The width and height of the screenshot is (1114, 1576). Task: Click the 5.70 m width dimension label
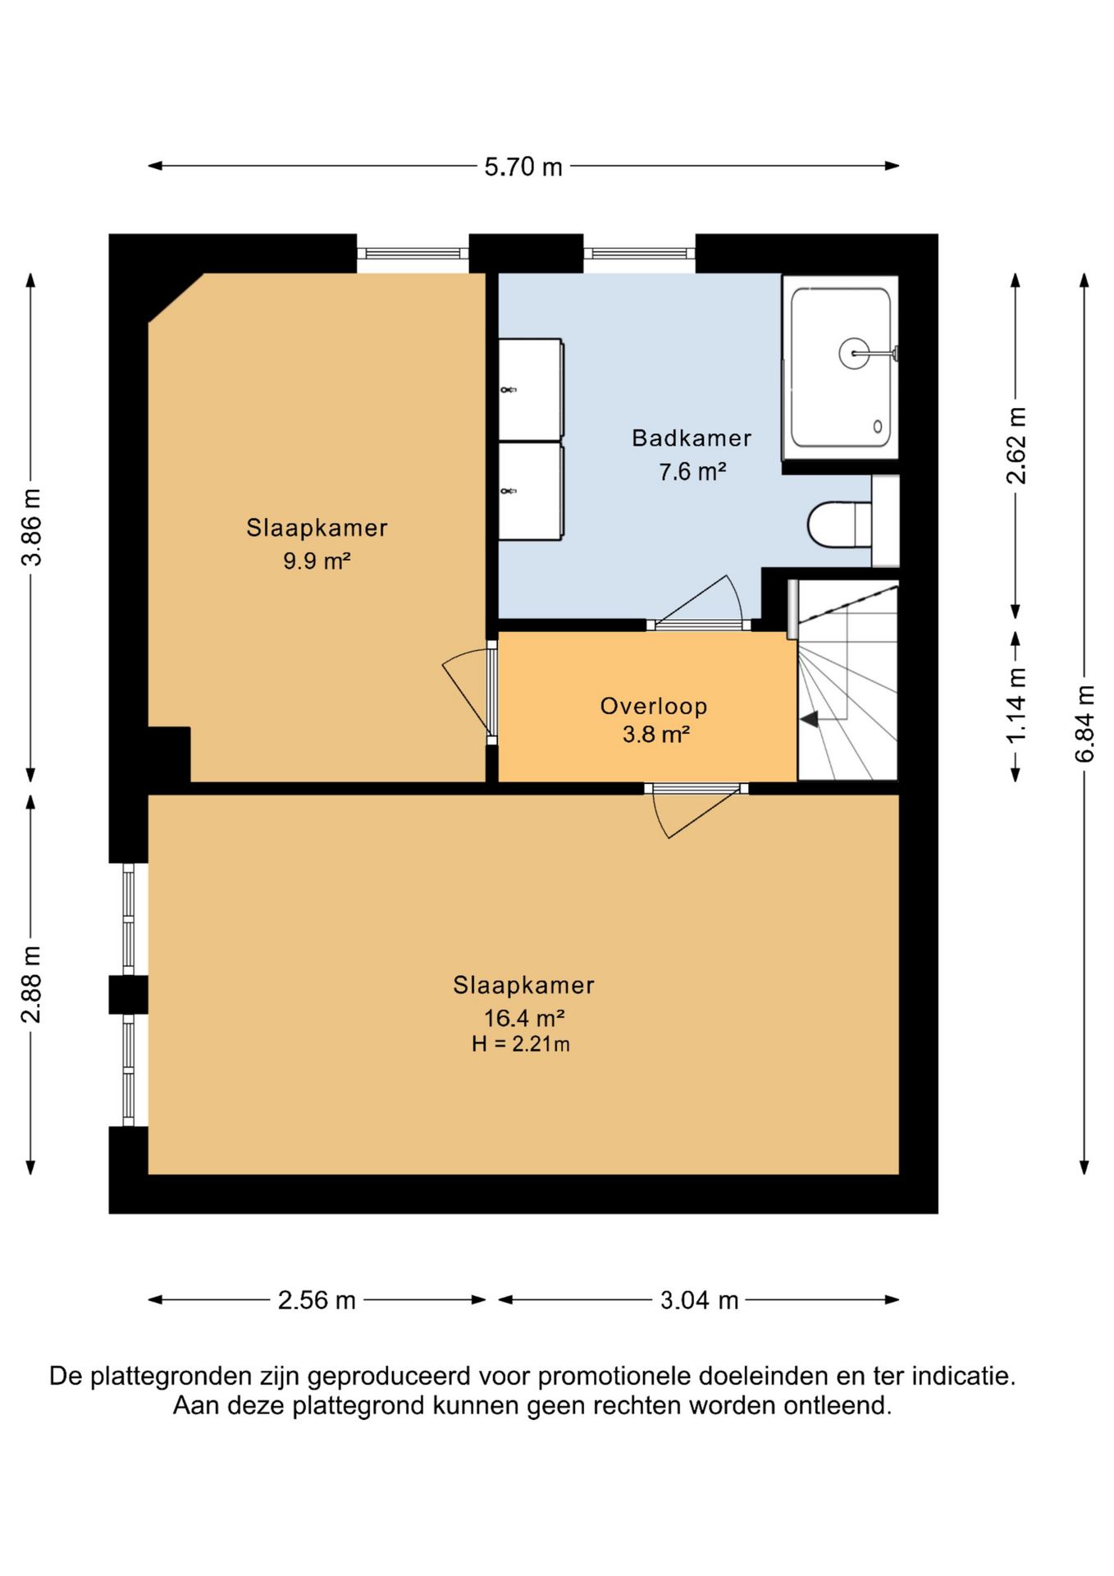pos(523,167)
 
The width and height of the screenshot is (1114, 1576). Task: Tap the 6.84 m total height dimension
pos(1084,723)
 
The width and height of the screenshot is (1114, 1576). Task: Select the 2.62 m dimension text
pos(1016,446)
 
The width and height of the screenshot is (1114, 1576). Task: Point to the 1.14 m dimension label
pos(1016,705)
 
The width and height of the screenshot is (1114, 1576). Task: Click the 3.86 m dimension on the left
pos(31,528)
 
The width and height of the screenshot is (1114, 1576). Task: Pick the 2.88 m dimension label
pos(31,984)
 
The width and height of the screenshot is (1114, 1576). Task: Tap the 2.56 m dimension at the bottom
pos(317,1300)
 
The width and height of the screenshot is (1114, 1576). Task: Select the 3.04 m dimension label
pos(700,1300)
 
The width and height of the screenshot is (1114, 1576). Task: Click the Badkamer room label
pos(692,438)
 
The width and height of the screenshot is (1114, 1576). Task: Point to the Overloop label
pos(654,706)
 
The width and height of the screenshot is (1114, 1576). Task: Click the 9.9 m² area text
pos(317,561)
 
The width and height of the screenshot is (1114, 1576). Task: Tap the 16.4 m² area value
pos(523,1019)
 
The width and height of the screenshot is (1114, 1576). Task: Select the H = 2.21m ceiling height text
pos(521,1044)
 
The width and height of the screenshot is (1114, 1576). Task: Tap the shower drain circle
pos(854,354)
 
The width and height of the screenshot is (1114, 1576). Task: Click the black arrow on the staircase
pos(810,720)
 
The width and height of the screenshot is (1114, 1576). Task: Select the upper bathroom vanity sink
pos(531,388)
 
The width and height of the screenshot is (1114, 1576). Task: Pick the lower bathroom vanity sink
pos(531,492)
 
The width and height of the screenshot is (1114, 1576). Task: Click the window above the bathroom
pos(640,253)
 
